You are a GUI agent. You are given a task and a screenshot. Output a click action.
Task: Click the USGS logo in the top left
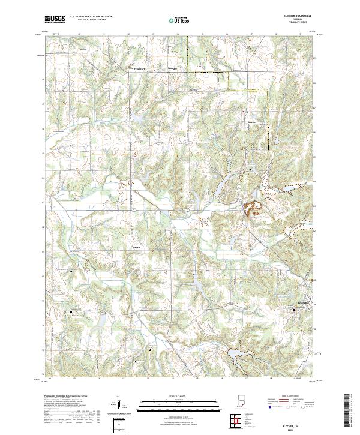tap(55, 19)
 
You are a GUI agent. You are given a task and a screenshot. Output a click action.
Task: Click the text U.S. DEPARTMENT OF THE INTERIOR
tap(91, 17)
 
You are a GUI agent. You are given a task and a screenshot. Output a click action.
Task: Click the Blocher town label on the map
tap(252, 122)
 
